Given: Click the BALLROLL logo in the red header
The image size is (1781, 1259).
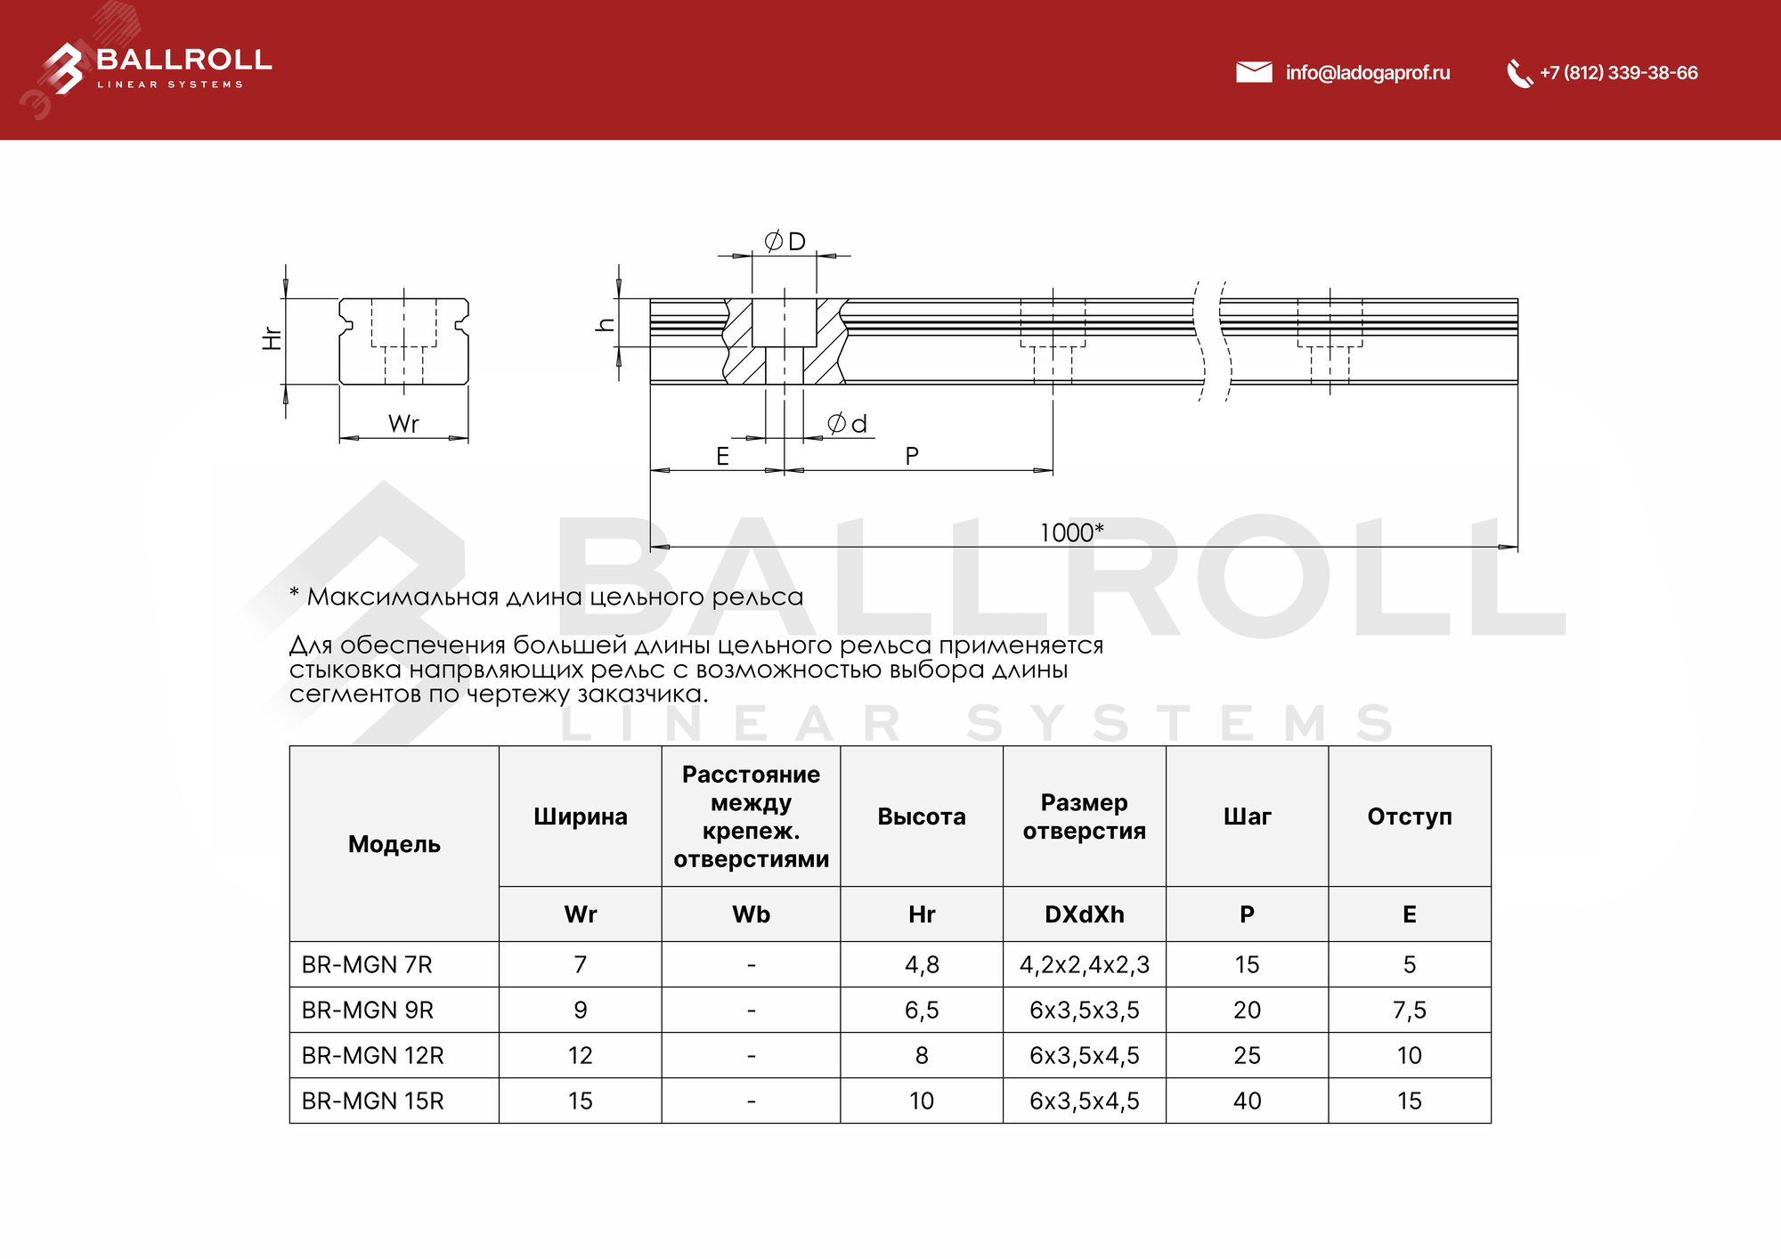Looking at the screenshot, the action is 157,68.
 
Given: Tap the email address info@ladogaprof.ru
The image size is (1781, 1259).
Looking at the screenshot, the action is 1367,73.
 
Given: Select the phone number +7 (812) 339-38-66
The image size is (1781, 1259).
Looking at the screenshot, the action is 1618,73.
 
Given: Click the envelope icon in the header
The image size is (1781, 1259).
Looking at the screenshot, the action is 1254,72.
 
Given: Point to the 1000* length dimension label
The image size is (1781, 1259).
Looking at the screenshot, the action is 1071,532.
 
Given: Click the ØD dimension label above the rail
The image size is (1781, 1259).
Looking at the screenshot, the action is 785,241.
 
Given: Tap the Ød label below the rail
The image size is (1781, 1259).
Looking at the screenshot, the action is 847,424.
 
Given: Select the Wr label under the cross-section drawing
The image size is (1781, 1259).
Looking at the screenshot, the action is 403,424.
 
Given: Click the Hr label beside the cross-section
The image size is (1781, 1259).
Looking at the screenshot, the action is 272,338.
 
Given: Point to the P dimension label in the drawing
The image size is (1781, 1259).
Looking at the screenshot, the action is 912,456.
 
